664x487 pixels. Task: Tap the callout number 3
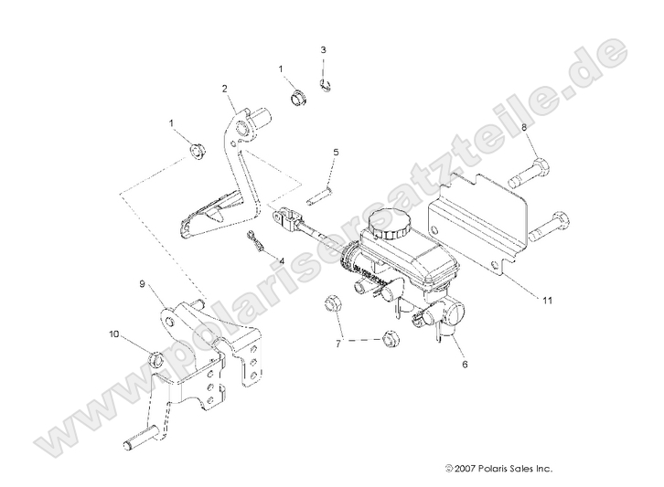coord(323,48)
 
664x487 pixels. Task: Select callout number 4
coord(282,260)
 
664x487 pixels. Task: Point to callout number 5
coord(336,152)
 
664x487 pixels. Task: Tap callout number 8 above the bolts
coord(525,128)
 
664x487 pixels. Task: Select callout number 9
coord(143,284)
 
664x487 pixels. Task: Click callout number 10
coord(113,334)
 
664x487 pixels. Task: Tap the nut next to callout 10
coord(156,357)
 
